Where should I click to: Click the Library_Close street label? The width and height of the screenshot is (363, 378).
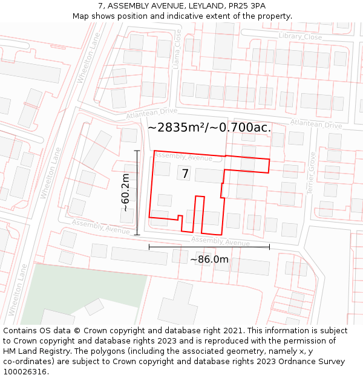pos(300,37)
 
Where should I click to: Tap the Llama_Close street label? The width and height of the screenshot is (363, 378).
pos(177,50)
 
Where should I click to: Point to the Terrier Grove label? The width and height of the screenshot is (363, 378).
pos(311,172)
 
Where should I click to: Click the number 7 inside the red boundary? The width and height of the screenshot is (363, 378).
pos(185,174)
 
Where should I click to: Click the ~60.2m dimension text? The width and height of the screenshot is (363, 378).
pos(125,192)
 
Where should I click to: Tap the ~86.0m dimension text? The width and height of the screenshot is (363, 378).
pos(209,259)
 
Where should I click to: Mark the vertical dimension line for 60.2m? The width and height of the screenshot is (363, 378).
pos(137,192)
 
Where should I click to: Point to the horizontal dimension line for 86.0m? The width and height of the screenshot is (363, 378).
pos(209,247)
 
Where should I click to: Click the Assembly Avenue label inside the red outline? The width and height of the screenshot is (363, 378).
pos(183,157)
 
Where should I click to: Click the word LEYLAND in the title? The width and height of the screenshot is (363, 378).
pos(204,5)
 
